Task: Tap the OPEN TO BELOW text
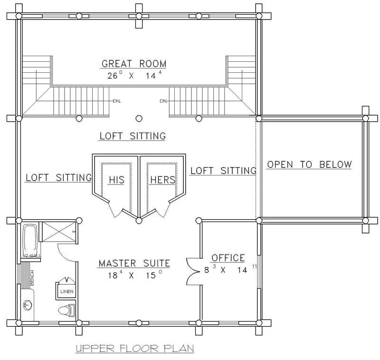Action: pos(309,165)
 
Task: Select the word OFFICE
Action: pos(228,258)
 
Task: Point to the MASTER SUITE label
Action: pos(134,263)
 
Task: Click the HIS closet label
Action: pos(116,180)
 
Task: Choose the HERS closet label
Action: pos(162,180)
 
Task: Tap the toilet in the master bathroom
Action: pos(64,310)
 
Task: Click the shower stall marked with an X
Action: pos(57,231)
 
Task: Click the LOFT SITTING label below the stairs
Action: pos(132,136)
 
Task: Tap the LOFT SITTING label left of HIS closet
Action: pos(58,178)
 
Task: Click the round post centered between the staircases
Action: pos(139,118)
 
